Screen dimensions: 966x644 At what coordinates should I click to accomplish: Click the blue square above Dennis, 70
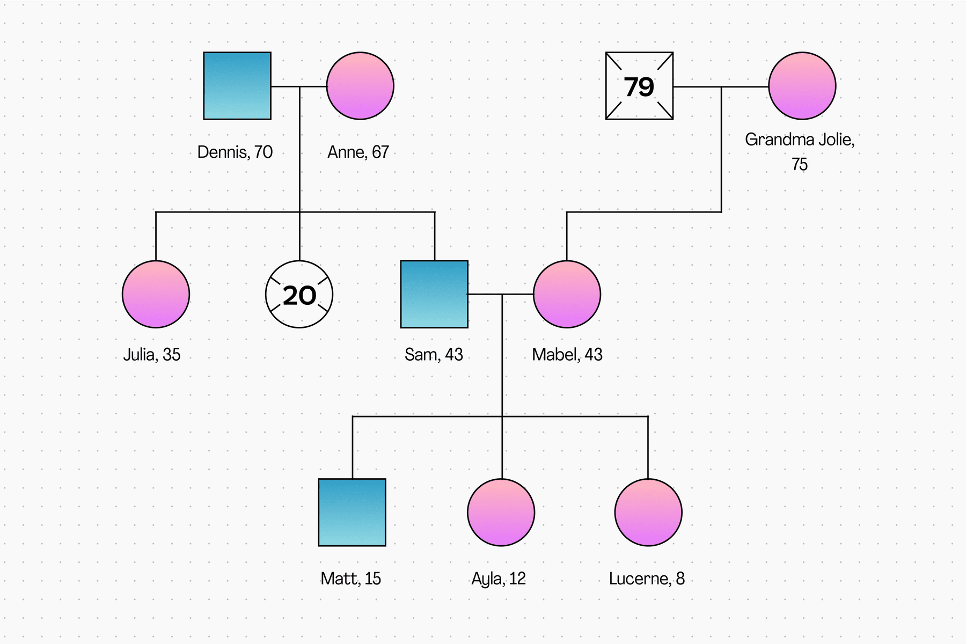237,86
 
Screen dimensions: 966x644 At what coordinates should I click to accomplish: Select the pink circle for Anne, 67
360,86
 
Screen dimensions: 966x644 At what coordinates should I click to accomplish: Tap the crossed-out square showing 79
639,86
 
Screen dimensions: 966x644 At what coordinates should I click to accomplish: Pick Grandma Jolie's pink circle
802,86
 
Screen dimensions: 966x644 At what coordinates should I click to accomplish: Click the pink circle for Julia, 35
156,294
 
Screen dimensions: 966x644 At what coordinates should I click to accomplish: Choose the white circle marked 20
299,294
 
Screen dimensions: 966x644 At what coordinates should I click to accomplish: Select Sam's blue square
434,294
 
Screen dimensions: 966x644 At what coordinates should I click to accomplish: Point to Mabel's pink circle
567,294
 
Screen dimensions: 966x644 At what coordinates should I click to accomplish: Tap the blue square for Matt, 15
352,513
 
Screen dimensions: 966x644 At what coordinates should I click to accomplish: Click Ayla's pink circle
501,513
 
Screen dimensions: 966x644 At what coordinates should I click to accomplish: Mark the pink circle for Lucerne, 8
648,513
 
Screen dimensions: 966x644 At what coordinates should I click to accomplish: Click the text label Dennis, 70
235,152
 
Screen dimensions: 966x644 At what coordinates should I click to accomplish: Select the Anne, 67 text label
358,152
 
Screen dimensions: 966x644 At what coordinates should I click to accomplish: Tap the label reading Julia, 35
152,355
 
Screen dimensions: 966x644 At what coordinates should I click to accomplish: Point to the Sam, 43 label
434,355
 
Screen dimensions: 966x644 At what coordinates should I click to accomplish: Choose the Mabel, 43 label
567,355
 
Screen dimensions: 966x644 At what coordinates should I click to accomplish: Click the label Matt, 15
351,579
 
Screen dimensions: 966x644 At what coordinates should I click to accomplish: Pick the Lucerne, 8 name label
647,579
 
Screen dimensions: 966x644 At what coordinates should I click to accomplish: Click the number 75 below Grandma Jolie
800,164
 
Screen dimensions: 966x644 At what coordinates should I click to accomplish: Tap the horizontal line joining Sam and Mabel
501,294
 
